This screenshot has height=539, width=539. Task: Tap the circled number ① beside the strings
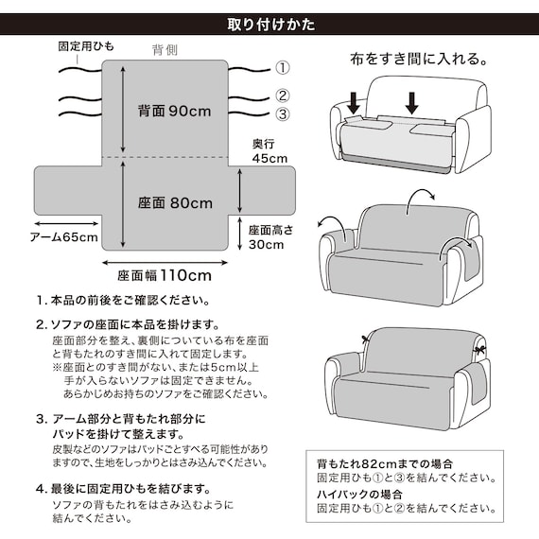point(283,69)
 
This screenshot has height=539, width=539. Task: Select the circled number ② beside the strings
point(283,96)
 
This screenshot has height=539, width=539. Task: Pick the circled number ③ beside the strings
point(283,114)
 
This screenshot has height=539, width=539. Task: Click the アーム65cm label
point(63,236)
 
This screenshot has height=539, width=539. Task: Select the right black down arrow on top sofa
point(413,99)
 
